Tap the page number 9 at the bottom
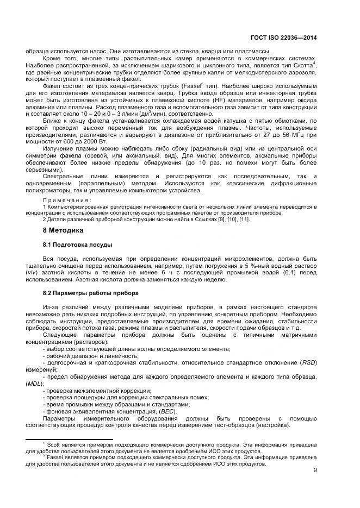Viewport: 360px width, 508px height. pos(315,470)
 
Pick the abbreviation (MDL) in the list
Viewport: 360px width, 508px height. pos(34,384)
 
